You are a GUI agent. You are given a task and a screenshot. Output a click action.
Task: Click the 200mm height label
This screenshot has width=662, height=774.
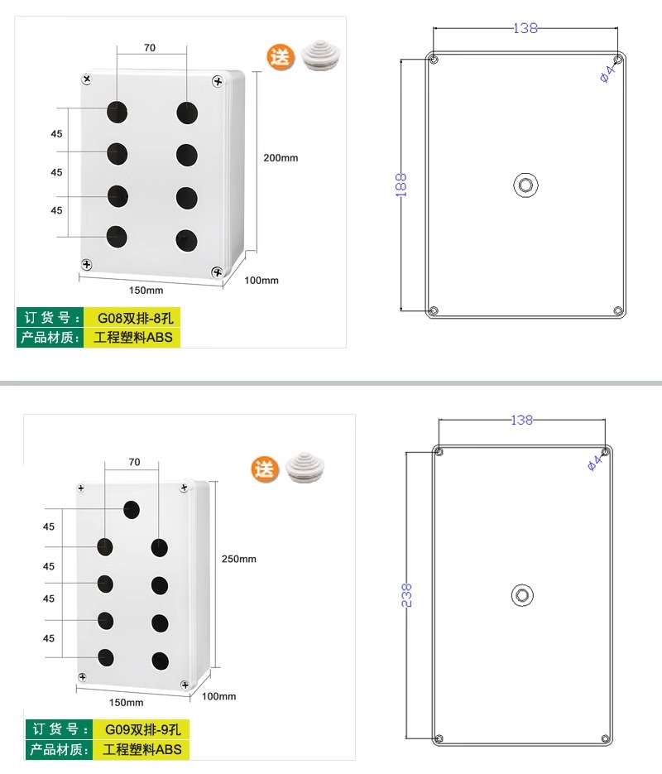click(281, 158)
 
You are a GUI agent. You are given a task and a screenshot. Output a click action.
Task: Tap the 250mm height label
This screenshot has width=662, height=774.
click(239, 559)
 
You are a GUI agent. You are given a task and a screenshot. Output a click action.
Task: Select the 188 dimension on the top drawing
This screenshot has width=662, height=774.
click(401, 185)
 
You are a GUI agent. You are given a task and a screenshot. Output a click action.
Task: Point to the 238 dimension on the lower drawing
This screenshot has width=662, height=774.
click(406, 595)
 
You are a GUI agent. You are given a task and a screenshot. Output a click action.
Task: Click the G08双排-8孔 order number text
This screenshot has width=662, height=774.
click(136, 318)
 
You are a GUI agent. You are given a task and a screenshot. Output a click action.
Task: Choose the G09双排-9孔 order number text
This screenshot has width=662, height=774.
click(143, 729)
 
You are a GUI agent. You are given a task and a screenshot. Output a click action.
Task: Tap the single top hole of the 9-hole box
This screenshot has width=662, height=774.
click(132, 509)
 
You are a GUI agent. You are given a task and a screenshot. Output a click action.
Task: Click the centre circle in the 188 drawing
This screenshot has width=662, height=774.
click(525, 185)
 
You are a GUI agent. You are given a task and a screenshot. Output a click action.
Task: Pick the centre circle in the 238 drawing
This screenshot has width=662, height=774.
click(522, 595)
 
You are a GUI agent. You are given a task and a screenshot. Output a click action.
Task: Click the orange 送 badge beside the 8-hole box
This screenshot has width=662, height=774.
click(281, 57)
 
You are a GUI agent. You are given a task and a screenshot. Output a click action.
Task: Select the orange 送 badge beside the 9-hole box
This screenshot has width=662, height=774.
click(265, 469)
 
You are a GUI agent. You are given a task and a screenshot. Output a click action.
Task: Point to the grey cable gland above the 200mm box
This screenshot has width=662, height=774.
click(319, 55)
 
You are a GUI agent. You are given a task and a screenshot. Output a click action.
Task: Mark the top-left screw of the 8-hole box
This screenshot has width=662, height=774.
click(87, 79)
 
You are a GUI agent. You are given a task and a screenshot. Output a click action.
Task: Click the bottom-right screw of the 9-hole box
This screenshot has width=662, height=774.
click(185, 685)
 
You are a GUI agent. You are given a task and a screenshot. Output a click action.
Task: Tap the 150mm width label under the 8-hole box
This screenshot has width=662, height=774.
click(146, 291)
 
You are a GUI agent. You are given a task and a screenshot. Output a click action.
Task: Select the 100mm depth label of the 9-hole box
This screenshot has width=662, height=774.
click(219, 696)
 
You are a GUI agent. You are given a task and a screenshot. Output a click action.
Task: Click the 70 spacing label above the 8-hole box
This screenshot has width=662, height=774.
click(150, 48)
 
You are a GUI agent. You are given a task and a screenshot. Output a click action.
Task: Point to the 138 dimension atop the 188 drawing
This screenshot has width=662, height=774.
click(525, 28)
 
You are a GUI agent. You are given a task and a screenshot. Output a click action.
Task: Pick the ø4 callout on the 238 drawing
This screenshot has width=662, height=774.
click(595, 463)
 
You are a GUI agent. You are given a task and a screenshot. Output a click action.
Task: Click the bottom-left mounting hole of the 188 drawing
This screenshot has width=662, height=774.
click(434, 310)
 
